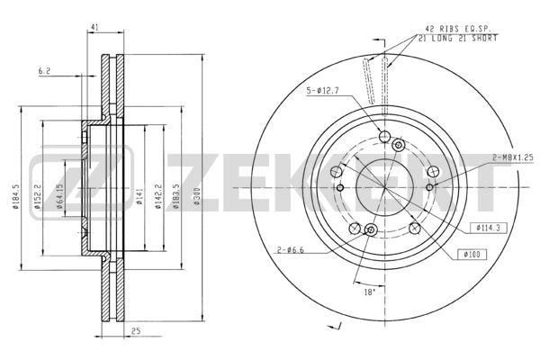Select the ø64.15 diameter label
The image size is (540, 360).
(58, 194)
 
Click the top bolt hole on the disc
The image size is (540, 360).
(384, 137)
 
